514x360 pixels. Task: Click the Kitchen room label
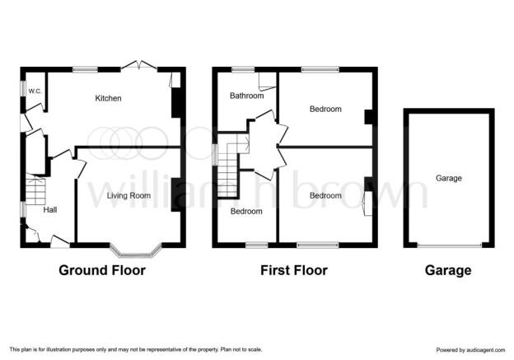108,98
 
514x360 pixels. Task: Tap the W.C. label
35,91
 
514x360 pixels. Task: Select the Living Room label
128,196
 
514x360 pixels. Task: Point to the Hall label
50,210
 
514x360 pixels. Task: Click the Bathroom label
247,96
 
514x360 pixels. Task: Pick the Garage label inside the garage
449,179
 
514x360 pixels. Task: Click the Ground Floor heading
102,270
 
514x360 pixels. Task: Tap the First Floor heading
294,270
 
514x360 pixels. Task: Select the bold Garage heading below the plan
448,270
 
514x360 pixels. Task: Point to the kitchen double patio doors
139,65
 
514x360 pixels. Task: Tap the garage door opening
450,245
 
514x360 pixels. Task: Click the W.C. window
23,88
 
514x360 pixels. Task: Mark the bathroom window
243,69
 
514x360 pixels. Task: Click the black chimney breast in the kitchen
176,102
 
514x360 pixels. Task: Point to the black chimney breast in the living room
176,194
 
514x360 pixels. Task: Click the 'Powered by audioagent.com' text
470,350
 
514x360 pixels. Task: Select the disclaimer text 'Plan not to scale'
241,349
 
